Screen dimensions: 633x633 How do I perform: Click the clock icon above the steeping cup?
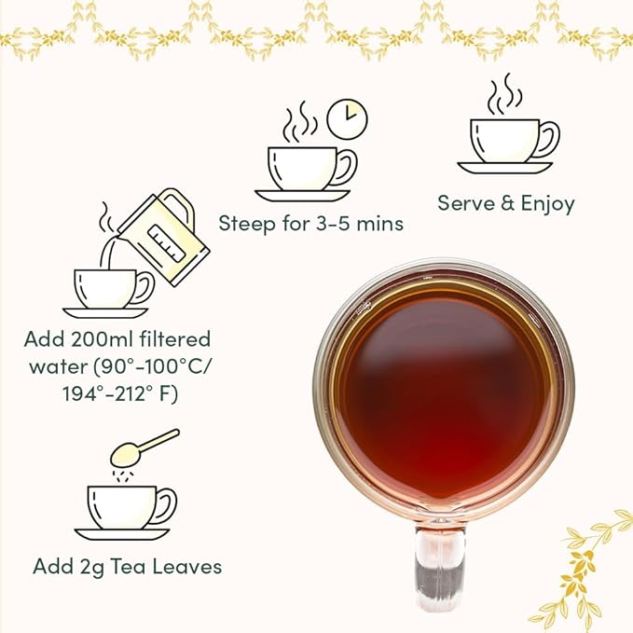pos(349,118)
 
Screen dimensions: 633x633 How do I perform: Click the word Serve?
pos(463,202)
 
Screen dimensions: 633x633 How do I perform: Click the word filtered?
pos(179,339)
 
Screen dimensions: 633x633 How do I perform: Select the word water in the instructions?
pos(60,367)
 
